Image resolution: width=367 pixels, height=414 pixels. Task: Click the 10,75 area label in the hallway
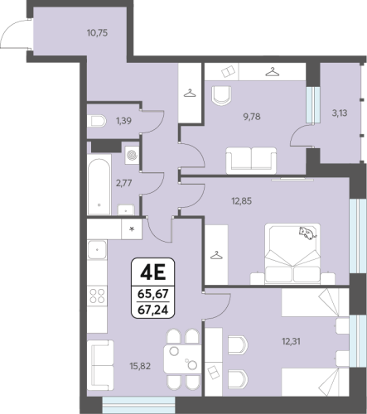point(97,33)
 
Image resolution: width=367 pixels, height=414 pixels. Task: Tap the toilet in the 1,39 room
point(96,121)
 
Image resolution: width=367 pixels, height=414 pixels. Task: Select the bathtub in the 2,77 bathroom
point(99,186)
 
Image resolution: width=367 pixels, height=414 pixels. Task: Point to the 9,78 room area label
point(252,117)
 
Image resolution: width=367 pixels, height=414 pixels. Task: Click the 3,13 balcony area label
point(340,113)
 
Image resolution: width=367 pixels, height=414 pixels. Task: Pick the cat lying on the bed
point(307,233)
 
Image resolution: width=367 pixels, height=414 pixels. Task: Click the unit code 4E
point(152,272)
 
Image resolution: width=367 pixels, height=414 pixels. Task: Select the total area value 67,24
point(152,310)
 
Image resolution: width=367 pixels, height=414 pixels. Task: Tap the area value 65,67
point(153,293)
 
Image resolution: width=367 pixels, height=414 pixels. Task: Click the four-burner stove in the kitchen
point(97,296)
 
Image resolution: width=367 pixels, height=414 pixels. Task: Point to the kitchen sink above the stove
point(97,250)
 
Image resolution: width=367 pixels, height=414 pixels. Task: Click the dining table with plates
point(182,359)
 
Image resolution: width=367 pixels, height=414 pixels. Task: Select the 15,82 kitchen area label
point(140,366)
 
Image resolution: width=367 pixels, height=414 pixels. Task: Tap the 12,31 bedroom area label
point(291,342)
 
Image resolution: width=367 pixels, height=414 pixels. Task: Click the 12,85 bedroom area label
point(241,201)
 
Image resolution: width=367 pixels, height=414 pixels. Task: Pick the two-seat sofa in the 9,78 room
point(251,161)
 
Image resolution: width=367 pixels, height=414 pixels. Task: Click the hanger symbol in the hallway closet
point(190,93)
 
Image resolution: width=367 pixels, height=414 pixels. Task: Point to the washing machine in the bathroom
point(132,155)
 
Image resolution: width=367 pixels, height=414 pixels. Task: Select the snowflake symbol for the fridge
point(133,229)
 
